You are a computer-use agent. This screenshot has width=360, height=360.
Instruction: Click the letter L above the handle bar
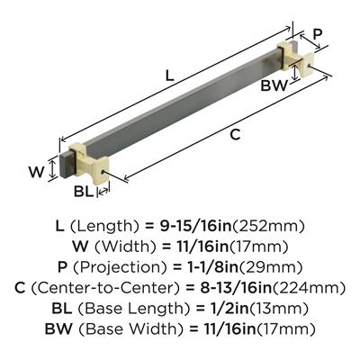tap(170, 76)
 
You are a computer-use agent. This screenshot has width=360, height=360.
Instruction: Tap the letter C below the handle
tap(235, 135)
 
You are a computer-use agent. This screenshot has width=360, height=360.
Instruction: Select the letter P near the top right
tap(318, 34)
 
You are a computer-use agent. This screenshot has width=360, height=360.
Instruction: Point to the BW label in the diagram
tap(274, 86)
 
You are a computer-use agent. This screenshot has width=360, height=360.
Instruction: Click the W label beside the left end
tap(36, 172)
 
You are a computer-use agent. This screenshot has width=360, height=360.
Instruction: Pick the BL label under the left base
tap(84, 192)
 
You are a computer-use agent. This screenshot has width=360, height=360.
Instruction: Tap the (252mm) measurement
tap(268, 226)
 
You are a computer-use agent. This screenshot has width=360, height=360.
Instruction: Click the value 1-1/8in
tap(208, 267)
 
